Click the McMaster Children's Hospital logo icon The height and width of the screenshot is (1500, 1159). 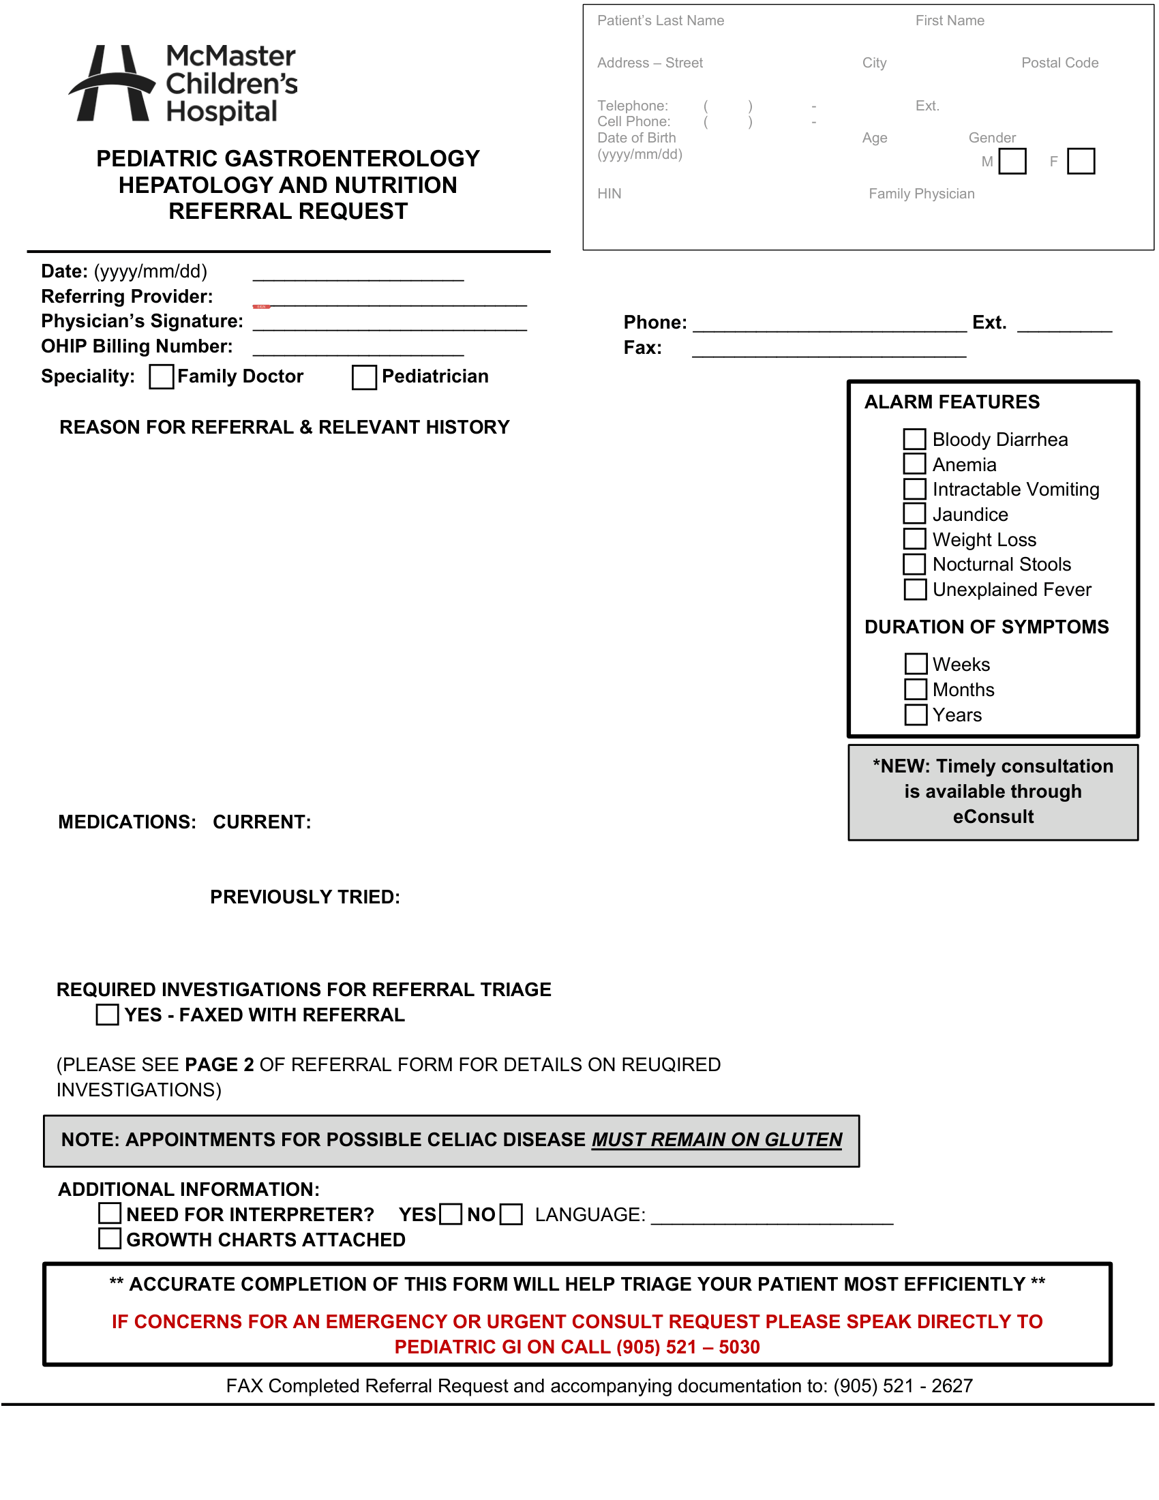tap(112, 84)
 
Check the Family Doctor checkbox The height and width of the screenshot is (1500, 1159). tap(161, 376)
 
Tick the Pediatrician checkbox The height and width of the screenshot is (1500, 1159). tap(364, 377)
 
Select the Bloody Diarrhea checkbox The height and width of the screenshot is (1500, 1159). tap(914, 439)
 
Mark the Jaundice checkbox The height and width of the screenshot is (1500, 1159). tap(914, 513)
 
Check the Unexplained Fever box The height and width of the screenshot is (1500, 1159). tap(914, 589)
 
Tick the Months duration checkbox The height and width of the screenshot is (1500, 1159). tap(915, 689)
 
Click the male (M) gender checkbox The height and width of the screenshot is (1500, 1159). tap(1012, 162)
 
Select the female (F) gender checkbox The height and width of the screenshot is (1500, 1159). tap(1081, 162)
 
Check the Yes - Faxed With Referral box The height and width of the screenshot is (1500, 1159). tap(107, 1015)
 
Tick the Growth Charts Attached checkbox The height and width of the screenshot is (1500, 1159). tap(110, 1239)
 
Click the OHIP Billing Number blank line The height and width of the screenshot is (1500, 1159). tap(358, 349)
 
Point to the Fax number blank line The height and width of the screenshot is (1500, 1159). tap(828, 350)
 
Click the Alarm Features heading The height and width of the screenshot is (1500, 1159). tap(952, 402)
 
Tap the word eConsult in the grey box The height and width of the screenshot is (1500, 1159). tap(993, 817)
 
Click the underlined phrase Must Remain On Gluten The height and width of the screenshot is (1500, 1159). tap(717, 1140)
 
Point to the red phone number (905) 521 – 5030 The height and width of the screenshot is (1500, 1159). tap(688, 1347)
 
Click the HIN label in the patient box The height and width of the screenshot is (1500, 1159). tap(609, 194)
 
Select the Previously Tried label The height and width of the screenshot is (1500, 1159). tap(305, 897)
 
